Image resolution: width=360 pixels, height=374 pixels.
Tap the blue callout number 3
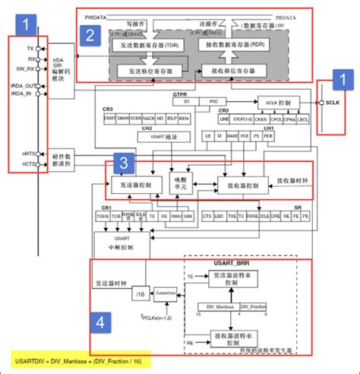124,162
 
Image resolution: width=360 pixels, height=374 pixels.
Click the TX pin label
29,48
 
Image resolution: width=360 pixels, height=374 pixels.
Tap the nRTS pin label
27,154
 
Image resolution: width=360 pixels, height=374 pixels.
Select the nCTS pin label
27,163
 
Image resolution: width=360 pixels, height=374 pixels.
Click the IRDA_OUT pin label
24,86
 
